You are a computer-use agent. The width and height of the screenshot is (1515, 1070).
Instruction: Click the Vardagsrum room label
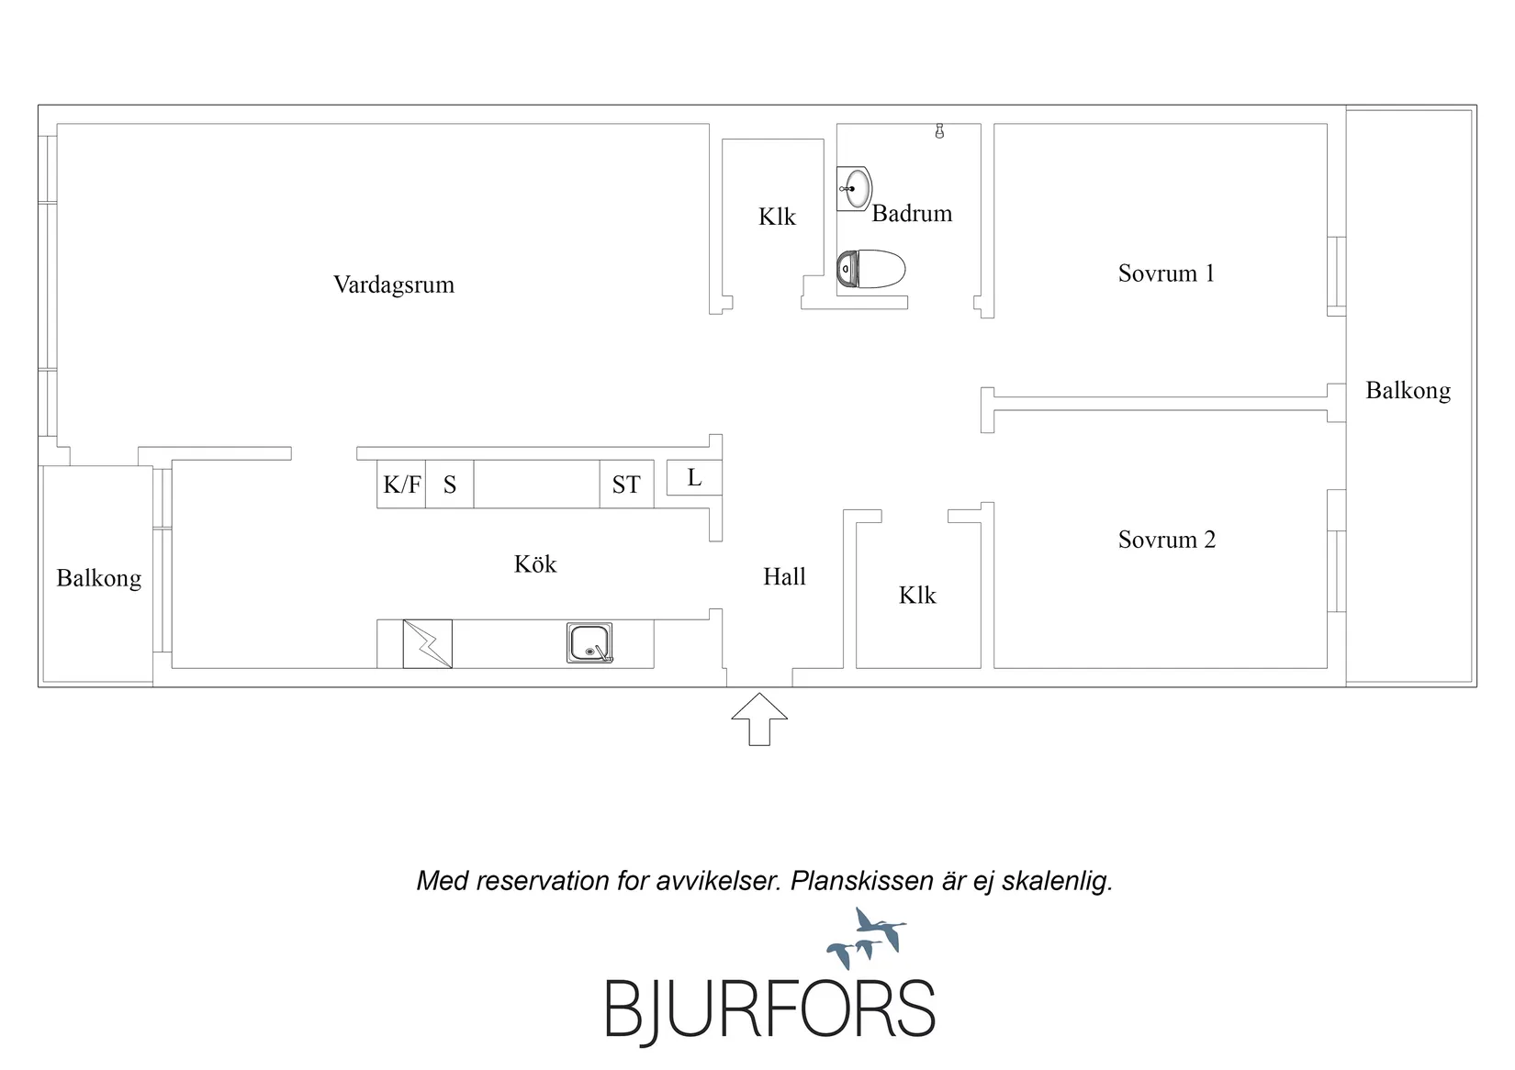pos(394,284)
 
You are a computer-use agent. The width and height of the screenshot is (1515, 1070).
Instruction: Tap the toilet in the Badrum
pos(870,269)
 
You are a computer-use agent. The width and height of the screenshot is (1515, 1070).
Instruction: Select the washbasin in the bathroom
pos(855,189)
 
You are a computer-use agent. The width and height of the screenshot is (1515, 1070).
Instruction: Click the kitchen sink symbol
pos(589,642)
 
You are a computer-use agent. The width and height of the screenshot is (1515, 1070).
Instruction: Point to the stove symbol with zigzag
pos(428,643)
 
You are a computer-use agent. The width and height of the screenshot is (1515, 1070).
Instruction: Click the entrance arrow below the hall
pos(758,719)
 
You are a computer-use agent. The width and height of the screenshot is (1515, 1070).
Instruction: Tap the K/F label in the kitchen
pos(402,485)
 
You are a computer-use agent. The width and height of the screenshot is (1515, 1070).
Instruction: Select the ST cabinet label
pos(625,485)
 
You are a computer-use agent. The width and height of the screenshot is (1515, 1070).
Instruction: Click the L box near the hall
pos(694,478)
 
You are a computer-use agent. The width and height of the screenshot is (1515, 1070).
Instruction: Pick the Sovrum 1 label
pos(1166,273)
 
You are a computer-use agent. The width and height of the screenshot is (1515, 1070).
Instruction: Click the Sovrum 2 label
pos(1167,540)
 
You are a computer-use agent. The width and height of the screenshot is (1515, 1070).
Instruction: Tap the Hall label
pos(784,576)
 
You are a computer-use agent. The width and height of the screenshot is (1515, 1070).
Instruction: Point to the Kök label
pos(535,563)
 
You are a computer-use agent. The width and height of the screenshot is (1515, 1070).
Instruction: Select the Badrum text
pos(912,214)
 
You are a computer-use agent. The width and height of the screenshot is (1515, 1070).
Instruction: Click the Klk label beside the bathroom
pos(777,217)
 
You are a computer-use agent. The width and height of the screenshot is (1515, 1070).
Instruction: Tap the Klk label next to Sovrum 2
pos(917,596)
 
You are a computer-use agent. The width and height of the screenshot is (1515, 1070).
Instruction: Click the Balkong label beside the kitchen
pos(99,579)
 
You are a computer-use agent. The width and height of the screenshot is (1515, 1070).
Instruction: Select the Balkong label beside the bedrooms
pos(1408,391)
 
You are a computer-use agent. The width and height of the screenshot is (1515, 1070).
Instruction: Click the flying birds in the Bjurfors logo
pos(867,938)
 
